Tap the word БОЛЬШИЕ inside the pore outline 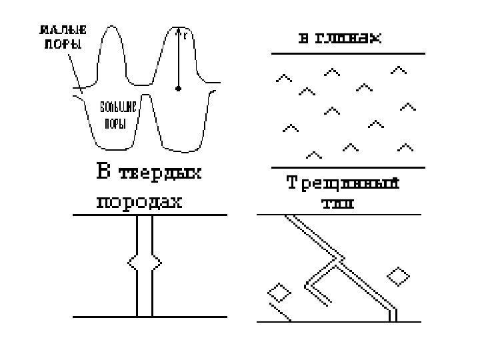pos(118,108)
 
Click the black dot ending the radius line pos(178,88)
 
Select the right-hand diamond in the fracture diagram pos(399,275)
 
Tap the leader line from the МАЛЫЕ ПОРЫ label pos(73,70)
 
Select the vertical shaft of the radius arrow pos(178,60)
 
